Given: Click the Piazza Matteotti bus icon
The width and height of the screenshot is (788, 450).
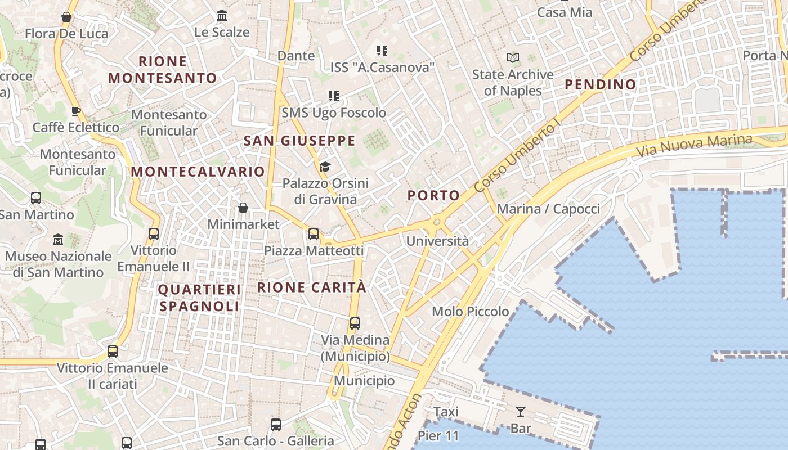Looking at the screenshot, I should (x=314, y=233).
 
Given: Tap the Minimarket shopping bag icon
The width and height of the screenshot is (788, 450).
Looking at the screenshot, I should (x=243, y=208).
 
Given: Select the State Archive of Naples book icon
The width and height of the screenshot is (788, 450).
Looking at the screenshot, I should (x=512, y=57).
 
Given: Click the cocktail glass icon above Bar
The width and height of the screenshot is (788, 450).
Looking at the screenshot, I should (x=521, y=412).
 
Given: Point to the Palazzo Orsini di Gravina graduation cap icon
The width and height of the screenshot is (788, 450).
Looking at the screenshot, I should (x=325, y=166).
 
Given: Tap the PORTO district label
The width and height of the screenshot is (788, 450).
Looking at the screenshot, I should (x=433, y=195).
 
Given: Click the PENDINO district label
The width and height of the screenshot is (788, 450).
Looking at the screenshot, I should (x=601, y=84).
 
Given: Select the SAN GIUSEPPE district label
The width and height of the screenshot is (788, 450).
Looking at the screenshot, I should (x=299, y=141).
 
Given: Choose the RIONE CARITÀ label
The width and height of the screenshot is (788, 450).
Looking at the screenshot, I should (x=312, y=287).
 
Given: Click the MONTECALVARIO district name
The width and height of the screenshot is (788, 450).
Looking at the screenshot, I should (x=198, y=172).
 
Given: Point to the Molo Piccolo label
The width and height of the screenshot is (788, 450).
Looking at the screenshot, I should (x=470, y=311).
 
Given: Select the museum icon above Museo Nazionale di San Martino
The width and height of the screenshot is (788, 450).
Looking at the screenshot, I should (x=58, y=240).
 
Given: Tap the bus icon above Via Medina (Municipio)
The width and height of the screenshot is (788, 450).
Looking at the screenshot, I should (x=355, y=323).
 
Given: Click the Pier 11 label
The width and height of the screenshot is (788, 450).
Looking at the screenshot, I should (x=438, y=436).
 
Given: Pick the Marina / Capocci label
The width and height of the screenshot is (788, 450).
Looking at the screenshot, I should (x=548, y=209).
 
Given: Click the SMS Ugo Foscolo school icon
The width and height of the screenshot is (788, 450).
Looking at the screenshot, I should (x=334, y=96).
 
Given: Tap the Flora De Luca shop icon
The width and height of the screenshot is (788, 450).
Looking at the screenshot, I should (x=66, y=17).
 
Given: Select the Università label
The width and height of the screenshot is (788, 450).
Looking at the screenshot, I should (x=437, y=241).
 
